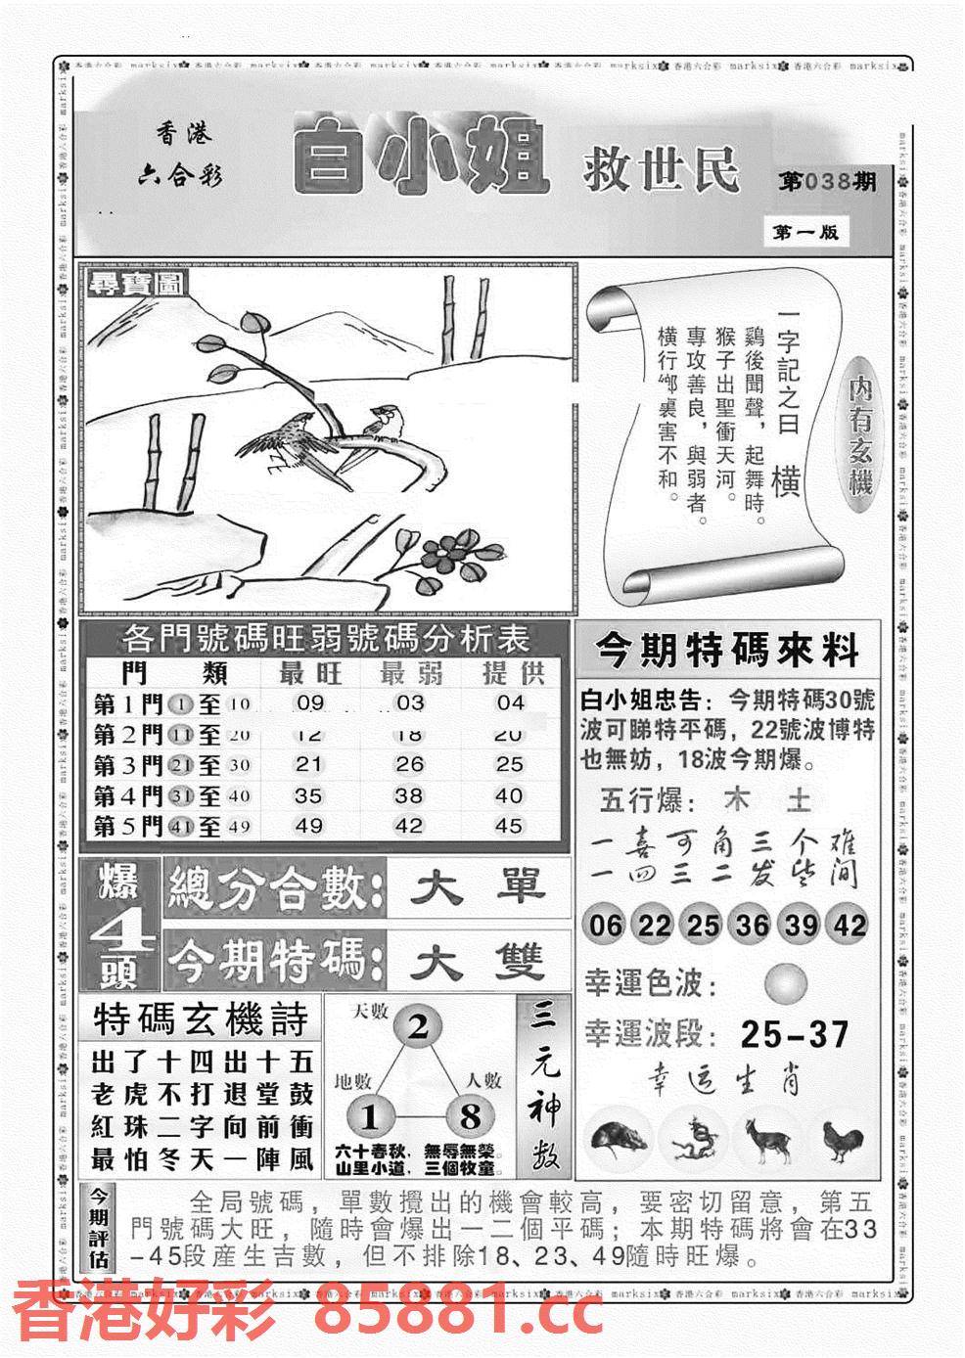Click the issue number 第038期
(x=826, y=183)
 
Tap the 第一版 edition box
(x=805, y=233)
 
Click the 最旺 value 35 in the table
(x=309, y=795)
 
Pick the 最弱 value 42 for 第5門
(x=408, y=826)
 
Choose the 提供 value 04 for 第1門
(x=510, y=702)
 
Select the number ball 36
(x=752, y=925)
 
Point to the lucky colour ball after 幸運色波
(x=787, y=982)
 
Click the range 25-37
(x=794, y=1034)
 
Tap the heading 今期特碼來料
(x=727, y=650)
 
